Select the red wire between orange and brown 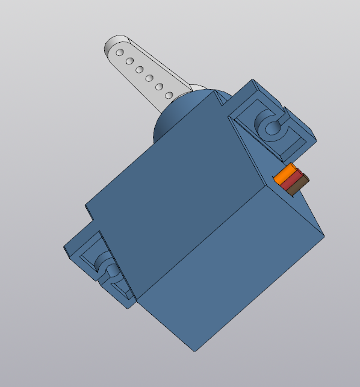click(x=291, y=181)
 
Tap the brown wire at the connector click(x=297, y=187)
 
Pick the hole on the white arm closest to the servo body click(x=169, y=96)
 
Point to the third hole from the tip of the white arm click(x=139, y=70)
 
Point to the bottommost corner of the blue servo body click(x=194, y=351)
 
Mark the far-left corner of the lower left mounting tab click(x=64, y=248)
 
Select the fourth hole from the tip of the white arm click(x=149, y=78)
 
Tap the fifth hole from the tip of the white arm click(x=159, y=87)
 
